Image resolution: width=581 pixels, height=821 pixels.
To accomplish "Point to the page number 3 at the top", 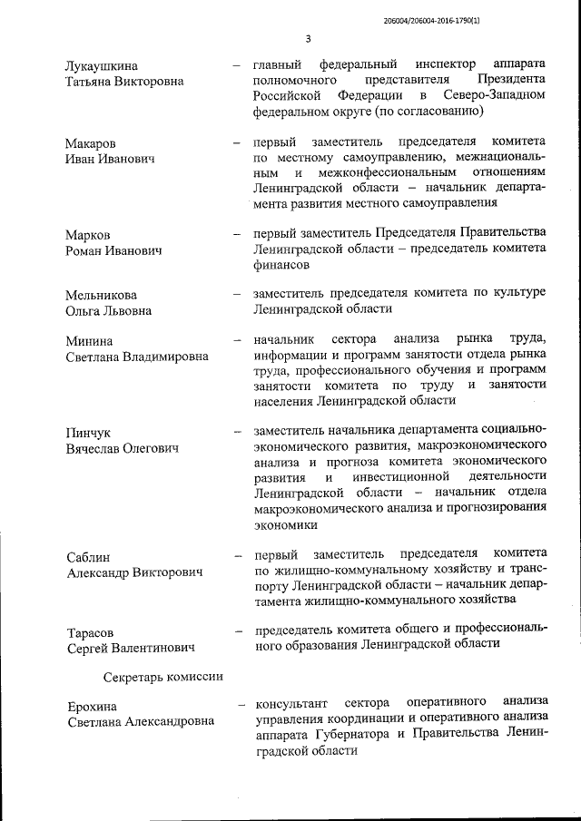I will coord(308,39).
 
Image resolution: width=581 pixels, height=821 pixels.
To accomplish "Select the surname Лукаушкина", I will coord(102,65).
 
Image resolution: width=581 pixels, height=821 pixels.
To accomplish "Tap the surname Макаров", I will coord(91,143).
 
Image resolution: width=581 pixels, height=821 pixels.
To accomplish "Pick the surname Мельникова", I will coord(101,295).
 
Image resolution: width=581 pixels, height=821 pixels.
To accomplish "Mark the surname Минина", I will coord(89,341).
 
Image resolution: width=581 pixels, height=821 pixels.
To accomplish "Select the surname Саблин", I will coord(89,557).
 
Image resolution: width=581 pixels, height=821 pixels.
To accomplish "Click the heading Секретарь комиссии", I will coord(163,677).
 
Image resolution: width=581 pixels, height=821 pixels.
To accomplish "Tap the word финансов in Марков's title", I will coord(282,265).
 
